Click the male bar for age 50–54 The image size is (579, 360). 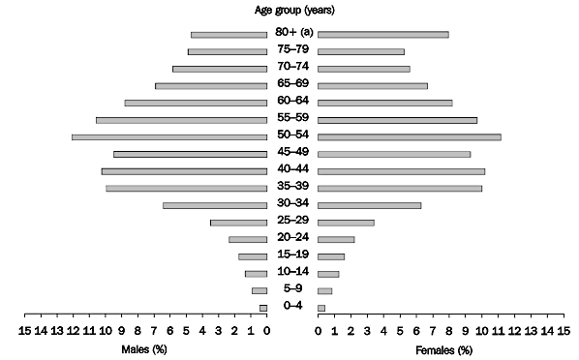(169, 136)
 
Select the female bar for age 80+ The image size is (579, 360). (383, 34)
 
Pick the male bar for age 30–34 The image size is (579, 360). (215, 205)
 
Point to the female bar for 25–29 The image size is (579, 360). (346, 223)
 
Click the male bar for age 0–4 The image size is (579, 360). (262, 308)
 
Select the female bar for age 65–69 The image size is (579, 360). (373, 85)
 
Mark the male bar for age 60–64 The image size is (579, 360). (196, 103)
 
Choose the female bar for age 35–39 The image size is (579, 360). (400, 188)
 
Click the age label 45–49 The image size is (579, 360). (291, 153)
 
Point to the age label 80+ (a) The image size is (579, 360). (291, 33)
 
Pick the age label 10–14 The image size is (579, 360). (291, 272)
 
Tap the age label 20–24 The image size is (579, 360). (291, 238)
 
